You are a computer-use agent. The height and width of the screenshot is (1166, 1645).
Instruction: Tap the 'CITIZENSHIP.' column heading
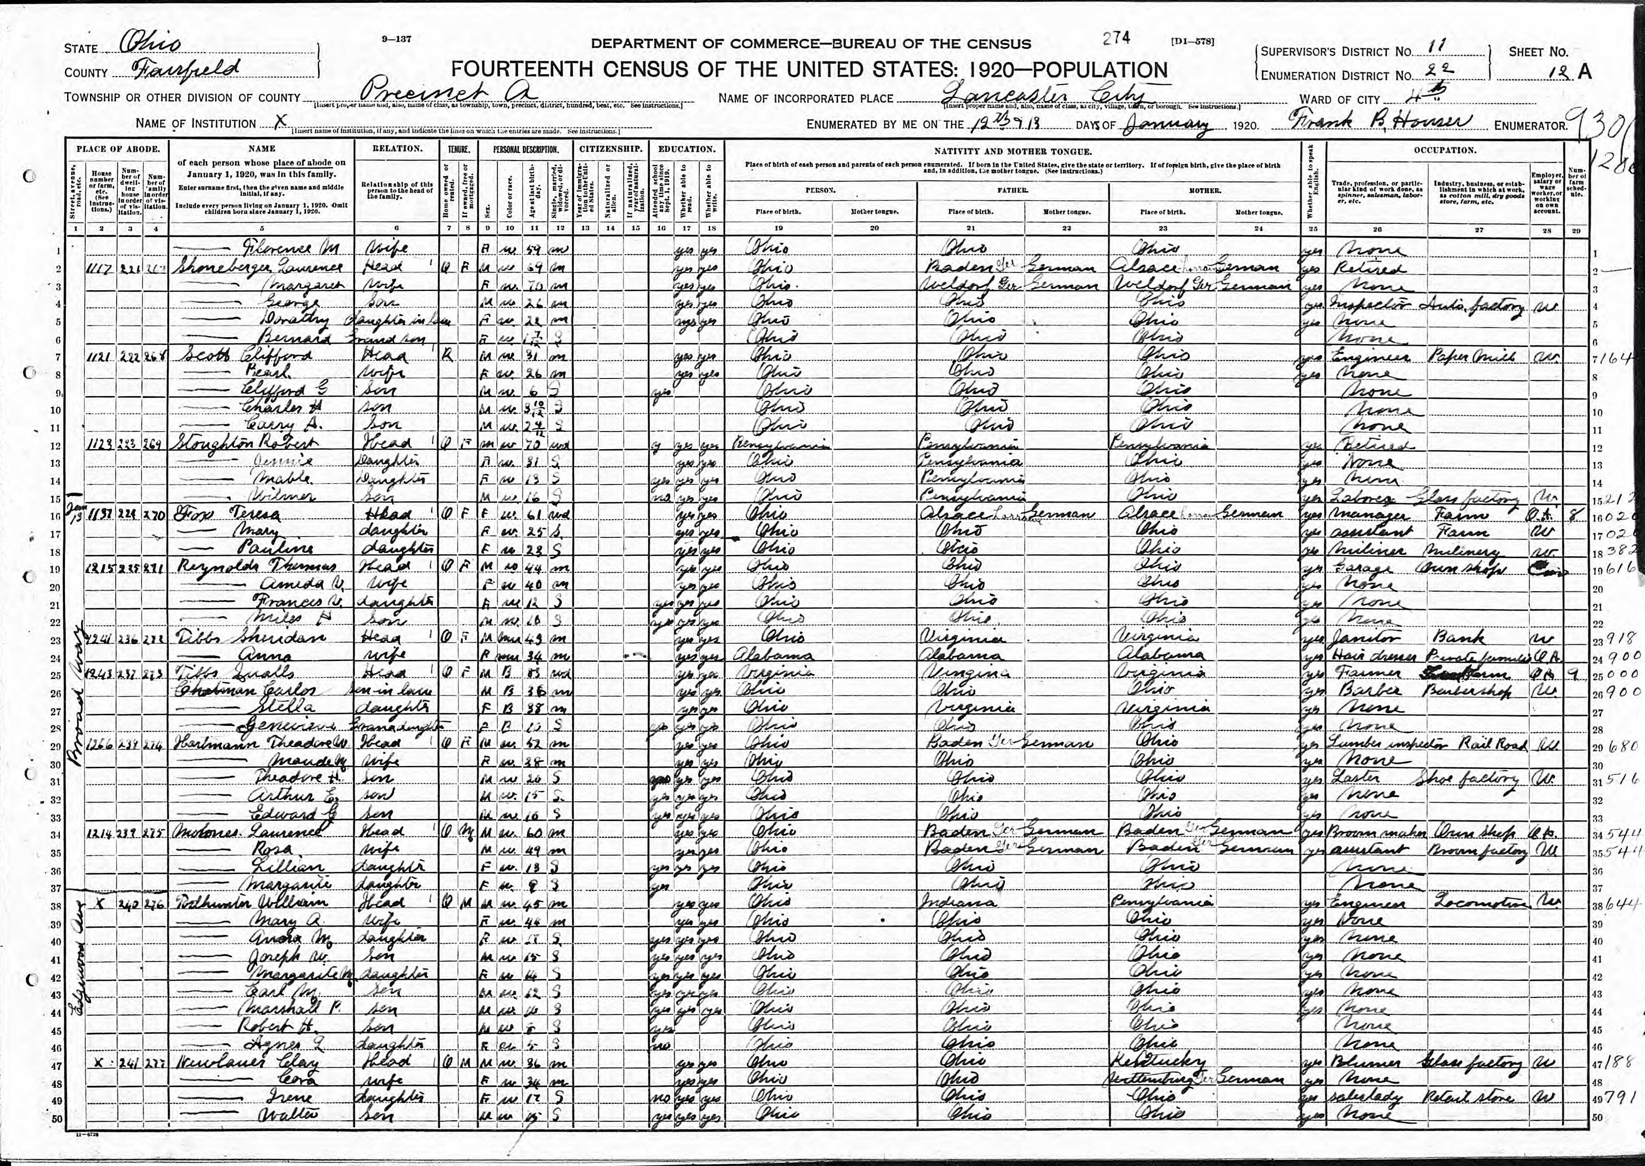[609, 149]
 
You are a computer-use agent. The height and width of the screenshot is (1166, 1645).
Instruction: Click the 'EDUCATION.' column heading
[686, 149]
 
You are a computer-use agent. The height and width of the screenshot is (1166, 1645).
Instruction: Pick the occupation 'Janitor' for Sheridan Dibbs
[1357, 637]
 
